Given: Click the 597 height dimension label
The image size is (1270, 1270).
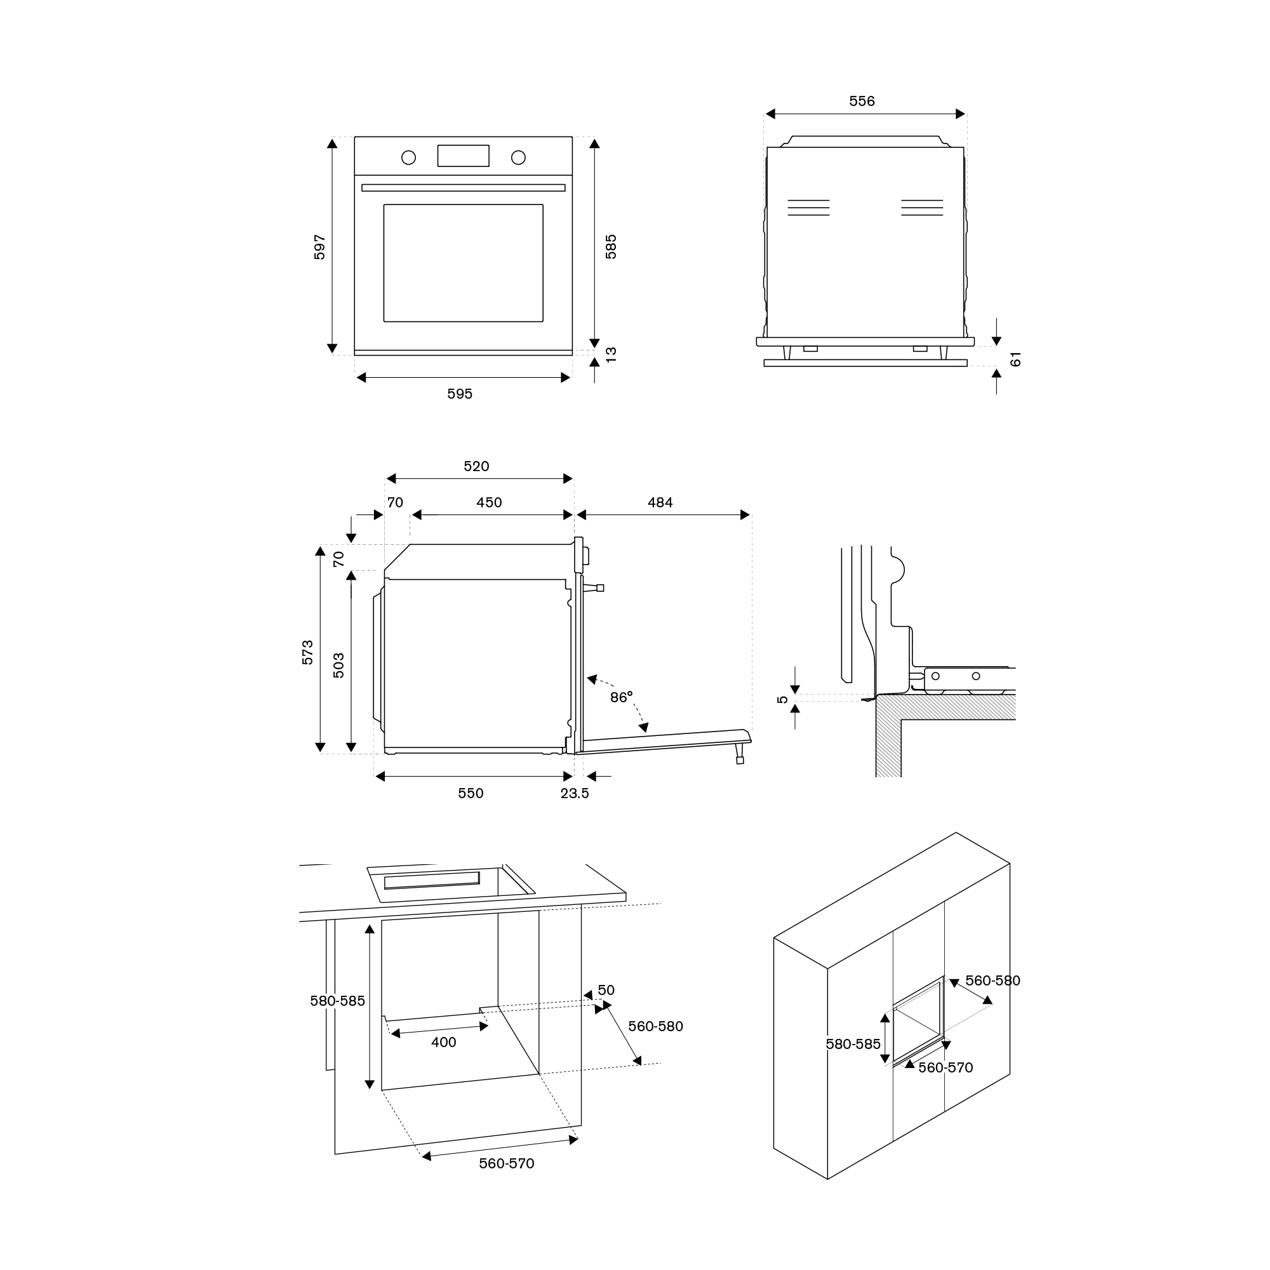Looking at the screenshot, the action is click(x=319, y=247).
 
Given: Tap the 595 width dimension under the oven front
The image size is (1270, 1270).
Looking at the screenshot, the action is click(x=460, y=394).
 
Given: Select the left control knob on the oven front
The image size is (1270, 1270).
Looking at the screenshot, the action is click(x=409, y=157).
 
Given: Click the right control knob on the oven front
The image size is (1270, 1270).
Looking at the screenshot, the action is click(x=519, y=157).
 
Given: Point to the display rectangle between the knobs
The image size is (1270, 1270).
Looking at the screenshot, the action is click(x=464, y=156).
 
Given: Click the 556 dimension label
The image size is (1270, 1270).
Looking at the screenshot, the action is click(x=862, y=101).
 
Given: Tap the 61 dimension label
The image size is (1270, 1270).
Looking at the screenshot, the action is click(x=1015, y=359).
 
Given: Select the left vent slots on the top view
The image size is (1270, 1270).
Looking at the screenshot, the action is click(x=808, y=208).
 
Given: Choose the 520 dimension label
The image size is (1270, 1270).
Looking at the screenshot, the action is click(x=477, y=467).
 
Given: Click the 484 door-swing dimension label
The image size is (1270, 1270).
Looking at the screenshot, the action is click(x=660, y=503).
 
